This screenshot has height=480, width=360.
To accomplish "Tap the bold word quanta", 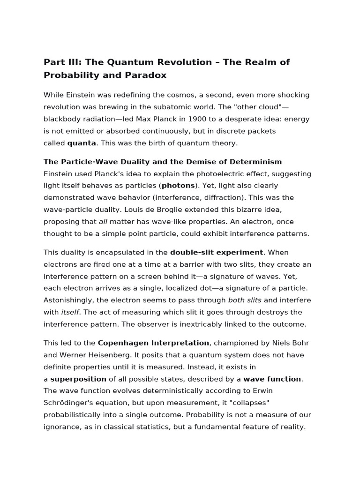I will coord(82,143).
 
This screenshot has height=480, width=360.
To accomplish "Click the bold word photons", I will coord(178,186).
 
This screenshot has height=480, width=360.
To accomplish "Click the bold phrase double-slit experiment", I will coord(216,252).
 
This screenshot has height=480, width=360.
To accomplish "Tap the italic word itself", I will coord(70,312).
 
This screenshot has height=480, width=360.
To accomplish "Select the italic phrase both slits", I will coord(245,300).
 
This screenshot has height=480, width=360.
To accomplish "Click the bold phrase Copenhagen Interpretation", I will coord(153,343).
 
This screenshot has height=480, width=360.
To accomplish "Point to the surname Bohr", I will coord(300,343).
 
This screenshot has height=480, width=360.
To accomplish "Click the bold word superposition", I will coord(78,379).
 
